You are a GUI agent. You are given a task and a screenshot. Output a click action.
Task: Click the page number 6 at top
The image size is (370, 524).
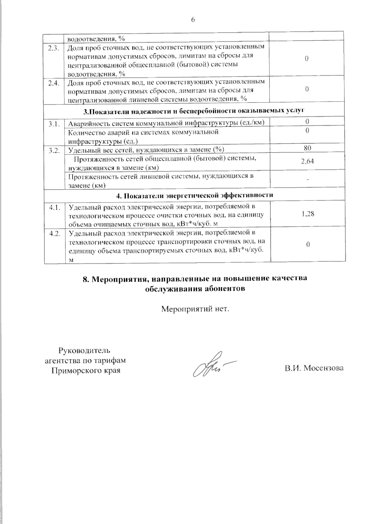point(193,20)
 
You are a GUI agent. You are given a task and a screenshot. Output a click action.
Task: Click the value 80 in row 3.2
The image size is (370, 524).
point(307,148)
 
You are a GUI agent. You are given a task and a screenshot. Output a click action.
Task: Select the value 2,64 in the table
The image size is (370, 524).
point(307,161)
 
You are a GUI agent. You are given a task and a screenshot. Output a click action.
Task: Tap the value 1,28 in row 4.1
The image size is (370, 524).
point(308,213)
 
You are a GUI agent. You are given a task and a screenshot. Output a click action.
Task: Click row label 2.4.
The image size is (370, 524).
point(53,83)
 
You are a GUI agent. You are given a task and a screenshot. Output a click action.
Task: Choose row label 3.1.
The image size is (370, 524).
point(53,124)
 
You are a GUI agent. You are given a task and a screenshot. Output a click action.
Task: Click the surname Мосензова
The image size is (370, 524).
point(323,368)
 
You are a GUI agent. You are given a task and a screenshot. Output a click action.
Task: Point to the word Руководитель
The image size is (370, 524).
point(84,351)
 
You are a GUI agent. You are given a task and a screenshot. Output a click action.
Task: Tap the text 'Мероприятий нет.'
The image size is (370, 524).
point(196,309)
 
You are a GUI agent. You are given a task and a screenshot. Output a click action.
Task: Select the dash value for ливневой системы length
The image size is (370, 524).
point(307,179)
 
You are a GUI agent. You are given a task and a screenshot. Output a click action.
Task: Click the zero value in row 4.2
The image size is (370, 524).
point(308,245)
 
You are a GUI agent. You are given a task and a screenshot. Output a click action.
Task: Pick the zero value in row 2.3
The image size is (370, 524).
point(307,59)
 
